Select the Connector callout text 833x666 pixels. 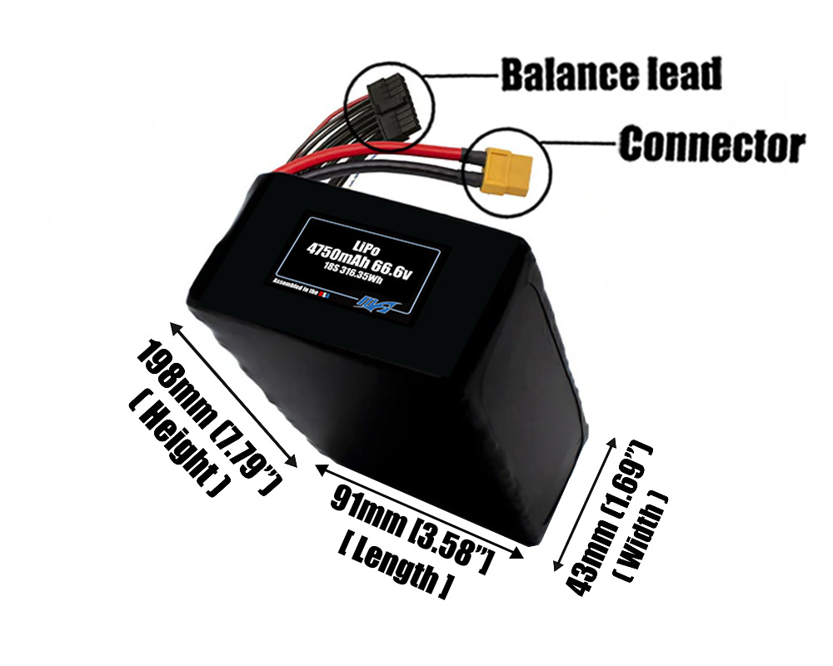pos(712,147)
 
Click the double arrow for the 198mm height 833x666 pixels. pos(233,393)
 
